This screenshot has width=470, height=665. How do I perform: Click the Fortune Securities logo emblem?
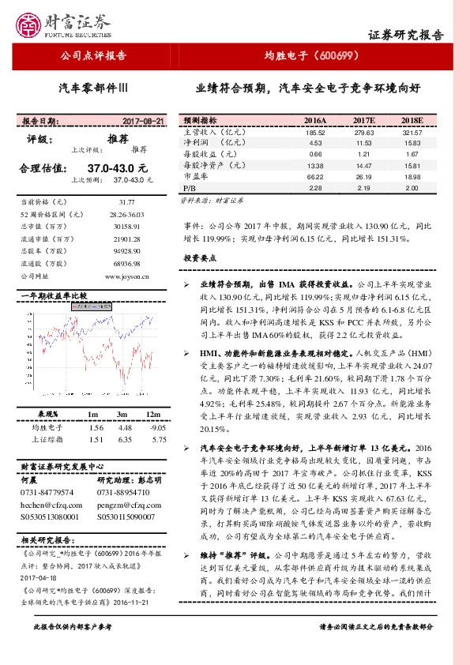tap(32, 24)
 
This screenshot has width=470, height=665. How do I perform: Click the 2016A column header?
tap(314, 120)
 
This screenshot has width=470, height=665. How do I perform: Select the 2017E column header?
tap(363, 120)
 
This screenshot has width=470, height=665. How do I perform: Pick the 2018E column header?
tap(412, 120)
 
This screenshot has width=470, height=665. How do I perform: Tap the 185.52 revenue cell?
tap(314, 132)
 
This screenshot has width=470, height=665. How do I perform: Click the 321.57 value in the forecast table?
tap(412, 132)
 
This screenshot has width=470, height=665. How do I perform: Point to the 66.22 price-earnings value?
tap(314, 178)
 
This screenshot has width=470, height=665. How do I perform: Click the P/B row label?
tap(190, 190)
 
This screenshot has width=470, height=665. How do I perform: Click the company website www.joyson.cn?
tap(127, 276)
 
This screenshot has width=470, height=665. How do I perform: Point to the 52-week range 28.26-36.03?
tap(127, 214)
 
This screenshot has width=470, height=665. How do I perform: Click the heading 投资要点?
tap(200, 258)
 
